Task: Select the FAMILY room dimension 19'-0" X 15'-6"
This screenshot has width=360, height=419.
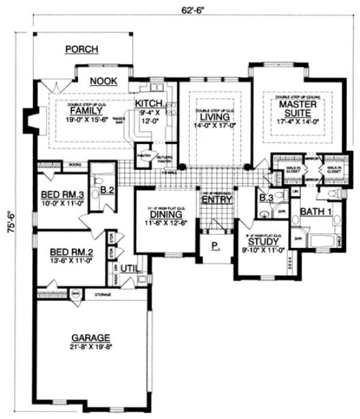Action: coord(82,118)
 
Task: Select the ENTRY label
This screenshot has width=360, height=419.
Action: coord(214,200)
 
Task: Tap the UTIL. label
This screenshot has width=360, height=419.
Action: coord(129,269)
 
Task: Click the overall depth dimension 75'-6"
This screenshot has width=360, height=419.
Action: coord(13,222)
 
